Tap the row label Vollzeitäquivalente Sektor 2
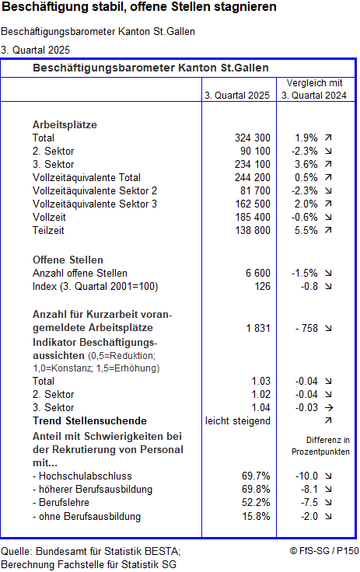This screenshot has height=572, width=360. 95,190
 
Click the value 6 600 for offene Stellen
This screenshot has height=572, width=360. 257,273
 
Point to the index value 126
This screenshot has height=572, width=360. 261,286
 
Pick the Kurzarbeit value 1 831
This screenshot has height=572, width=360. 256,328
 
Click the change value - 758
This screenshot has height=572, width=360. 306,328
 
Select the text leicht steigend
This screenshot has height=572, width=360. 237,420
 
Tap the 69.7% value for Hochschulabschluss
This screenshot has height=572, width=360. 256,475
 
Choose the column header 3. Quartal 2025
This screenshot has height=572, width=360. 237,96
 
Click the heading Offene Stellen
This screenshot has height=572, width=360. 68,260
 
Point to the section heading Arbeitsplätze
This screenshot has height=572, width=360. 65,124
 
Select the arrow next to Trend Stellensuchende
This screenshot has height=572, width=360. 327,420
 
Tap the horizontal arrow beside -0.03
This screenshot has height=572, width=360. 327,407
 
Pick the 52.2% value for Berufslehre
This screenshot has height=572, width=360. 256,503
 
